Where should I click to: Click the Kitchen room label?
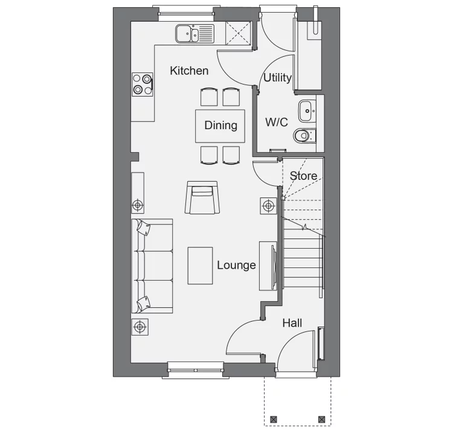tap(189, 71)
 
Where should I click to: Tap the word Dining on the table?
tap(220, 126)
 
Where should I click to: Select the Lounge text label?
tap(236, 265)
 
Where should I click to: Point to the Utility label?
tap(278, 78)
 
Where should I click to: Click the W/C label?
tap(277, 122)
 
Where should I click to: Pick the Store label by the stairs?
tap(303, 176)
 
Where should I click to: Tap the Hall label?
tap(292, 323)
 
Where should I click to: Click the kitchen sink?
tap(195, 34)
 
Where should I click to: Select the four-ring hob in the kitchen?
tap(143, 85)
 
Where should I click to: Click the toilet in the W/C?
tap(305, 135)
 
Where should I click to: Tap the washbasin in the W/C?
tap(307, 111)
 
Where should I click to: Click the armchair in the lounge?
tap(202, 197)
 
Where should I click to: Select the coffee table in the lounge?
tap(200, 266)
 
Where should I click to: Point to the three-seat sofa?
tap(152, 266)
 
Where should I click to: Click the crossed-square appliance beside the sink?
tap(239, 33)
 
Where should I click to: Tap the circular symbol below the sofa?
tap(140, 327)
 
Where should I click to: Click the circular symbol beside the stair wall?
tap(269, 206)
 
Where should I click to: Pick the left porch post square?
tap(273, 420)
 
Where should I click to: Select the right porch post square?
tap(321, 420)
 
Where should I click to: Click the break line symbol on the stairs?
tap(304, 228)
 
